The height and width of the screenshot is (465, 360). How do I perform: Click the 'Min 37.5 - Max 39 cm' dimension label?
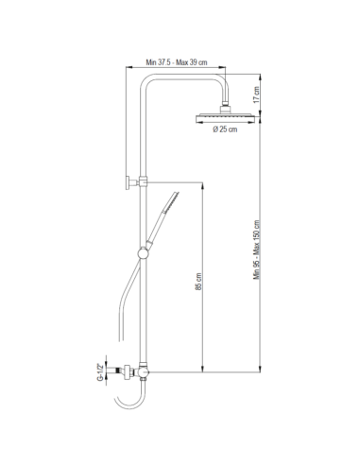click(177, 62)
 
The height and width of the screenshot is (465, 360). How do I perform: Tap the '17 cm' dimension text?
click(256, 95)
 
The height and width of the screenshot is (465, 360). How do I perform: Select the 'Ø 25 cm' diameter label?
click(225, 129)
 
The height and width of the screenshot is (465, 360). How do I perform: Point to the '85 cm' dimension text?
click(198, 282)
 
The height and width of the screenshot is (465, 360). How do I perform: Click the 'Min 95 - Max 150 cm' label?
click(257, 250)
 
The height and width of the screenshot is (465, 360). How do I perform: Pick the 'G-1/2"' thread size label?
click(100, 372)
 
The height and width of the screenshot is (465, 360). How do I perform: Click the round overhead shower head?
click(225, 118)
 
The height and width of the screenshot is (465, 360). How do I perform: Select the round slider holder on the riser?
click(144, 253)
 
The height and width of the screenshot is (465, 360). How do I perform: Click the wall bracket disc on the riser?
click(128, 182)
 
